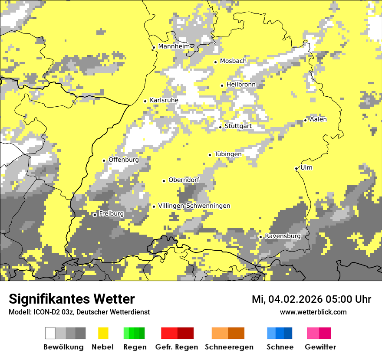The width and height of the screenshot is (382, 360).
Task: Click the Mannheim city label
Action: pos(174,46)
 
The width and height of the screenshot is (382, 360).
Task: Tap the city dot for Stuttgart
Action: pos(221,127)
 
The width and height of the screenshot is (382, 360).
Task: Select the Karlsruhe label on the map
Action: pos(164,100)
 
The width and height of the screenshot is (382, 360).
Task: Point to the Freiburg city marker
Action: pos(95,215)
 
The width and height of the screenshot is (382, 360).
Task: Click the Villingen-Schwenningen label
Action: pos(194,206)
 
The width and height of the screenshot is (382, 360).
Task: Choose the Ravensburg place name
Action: pos(283,236)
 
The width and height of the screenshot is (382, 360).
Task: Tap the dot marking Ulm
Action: pos(296,168)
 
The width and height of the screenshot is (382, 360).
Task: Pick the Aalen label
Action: pos(318,119)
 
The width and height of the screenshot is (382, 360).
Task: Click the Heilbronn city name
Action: pos(241,85)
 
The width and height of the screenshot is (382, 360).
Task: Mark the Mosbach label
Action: pos(233,61)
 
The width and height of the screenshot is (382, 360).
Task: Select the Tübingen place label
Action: pos(228,154)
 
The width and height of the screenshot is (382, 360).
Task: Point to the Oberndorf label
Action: pos(184,180)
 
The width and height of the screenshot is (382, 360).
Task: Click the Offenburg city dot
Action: pos(104,160)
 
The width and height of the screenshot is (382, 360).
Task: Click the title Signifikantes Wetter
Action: pos(72,299)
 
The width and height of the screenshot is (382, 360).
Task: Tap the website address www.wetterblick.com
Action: pos(313,312)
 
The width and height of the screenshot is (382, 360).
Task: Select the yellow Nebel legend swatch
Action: pos(103,333)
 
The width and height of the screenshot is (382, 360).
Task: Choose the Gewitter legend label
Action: pos(320,347)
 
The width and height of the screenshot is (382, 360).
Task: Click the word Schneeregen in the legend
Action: pos(229,347)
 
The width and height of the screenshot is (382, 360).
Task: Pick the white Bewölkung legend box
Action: pos(50,333)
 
